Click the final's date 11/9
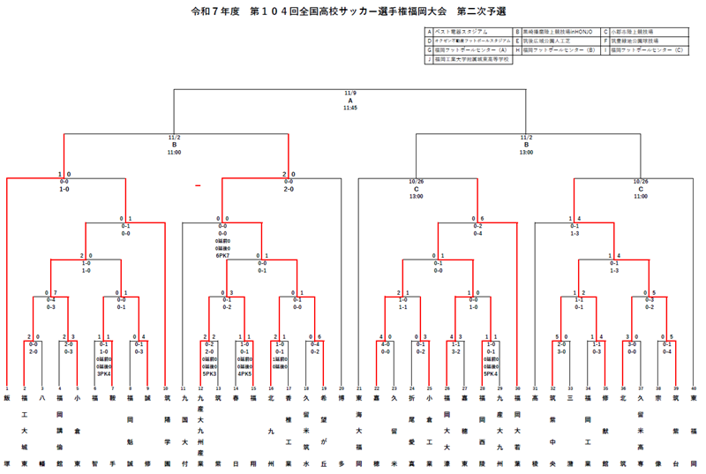tap(350, 93)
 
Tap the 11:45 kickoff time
tap(350, 108)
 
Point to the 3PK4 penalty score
tap(103, 373)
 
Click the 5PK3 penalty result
tap(209, 373)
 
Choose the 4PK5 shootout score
tap(244, 373)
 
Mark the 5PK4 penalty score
tap(491, 373)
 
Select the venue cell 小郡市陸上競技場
tap(635, 31)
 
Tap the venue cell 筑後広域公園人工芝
tap(547, 41)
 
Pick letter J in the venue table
tap(428, 60)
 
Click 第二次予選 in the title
tap(482, 12)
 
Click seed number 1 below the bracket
tap(7, 387)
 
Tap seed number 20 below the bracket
tap(342, 387)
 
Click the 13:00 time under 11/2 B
tap(526, 153)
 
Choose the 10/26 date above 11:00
tap(641, 182)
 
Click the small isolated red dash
tap(198, 185)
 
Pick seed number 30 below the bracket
tap(517, 387)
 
